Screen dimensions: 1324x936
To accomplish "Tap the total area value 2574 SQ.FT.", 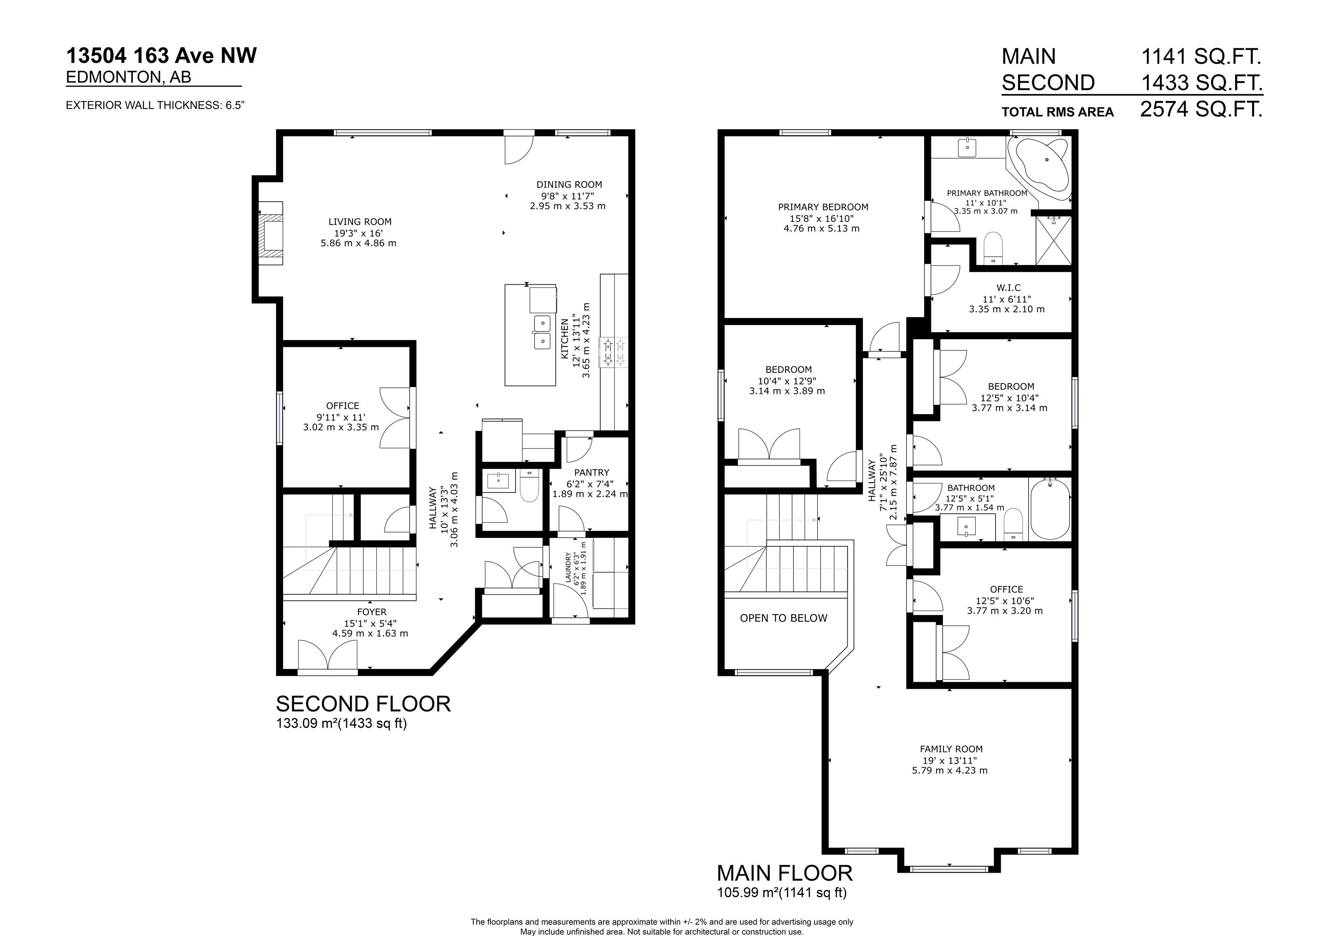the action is tap(1201, 109).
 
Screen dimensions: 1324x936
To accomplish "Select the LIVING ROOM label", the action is tap(360, 222).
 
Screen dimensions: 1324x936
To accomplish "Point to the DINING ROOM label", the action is tap(569, 184).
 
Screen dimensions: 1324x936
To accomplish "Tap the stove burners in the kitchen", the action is tap(614, 353).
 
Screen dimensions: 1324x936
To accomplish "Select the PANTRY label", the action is tap(592, 472).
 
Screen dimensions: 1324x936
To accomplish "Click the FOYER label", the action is tap(372, 612).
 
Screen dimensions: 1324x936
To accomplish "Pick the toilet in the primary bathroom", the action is tap(993, 248).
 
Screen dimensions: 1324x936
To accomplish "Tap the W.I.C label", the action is tap(1009, 288).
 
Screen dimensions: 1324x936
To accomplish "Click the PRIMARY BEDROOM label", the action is tap(823, 207).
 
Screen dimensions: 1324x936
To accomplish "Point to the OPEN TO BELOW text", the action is tap(784, 618).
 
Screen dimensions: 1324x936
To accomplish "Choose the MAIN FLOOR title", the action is tap(785, 873).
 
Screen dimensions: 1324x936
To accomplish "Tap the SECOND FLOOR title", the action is tap(363, 704).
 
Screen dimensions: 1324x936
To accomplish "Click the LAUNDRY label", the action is tap(568, 568).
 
